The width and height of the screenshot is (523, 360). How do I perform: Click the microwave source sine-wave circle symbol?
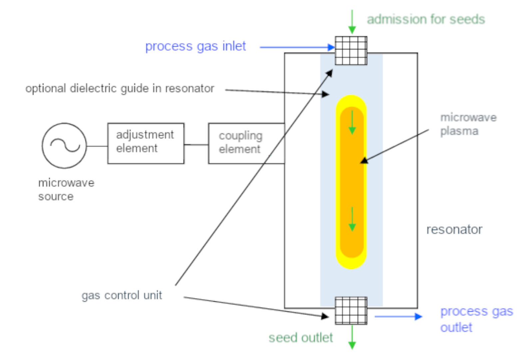coord(64,145)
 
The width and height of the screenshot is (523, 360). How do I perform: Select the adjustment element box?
coord(146,143)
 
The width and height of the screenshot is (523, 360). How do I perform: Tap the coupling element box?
coord(246,143)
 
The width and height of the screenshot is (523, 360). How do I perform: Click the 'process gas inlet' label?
coord(196,46)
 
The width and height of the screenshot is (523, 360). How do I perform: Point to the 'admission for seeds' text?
coord(425,19)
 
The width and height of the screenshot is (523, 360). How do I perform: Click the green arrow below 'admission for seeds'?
coord(352,22)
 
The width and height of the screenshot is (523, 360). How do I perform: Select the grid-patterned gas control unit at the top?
coord(351,51)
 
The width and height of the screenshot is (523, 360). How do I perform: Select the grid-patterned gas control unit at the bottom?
coord(351,311)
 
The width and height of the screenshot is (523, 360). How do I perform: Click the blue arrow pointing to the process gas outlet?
coord(398,316)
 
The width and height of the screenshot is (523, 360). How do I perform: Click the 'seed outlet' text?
coord(300,338)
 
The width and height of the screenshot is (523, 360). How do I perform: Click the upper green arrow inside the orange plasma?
coord(352,123)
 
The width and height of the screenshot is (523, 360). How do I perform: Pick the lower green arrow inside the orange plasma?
coord(352,219)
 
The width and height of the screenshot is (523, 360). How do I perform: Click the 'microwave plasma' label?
coord(468,124)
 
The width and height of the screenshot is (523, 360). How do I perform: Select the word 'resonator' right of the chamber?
coord(454,230)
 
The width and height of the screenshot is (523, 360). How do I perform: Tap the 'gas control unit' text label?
coord(122,295)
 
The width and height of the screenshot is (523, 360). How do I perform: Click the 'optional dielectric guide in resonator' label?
coord(120,89)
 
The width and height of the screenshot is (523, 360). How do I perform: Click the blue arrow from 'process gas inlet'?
coord(297,47)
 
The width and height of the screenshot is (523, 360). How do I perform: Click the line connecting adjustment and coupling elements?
coord(196,145)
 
